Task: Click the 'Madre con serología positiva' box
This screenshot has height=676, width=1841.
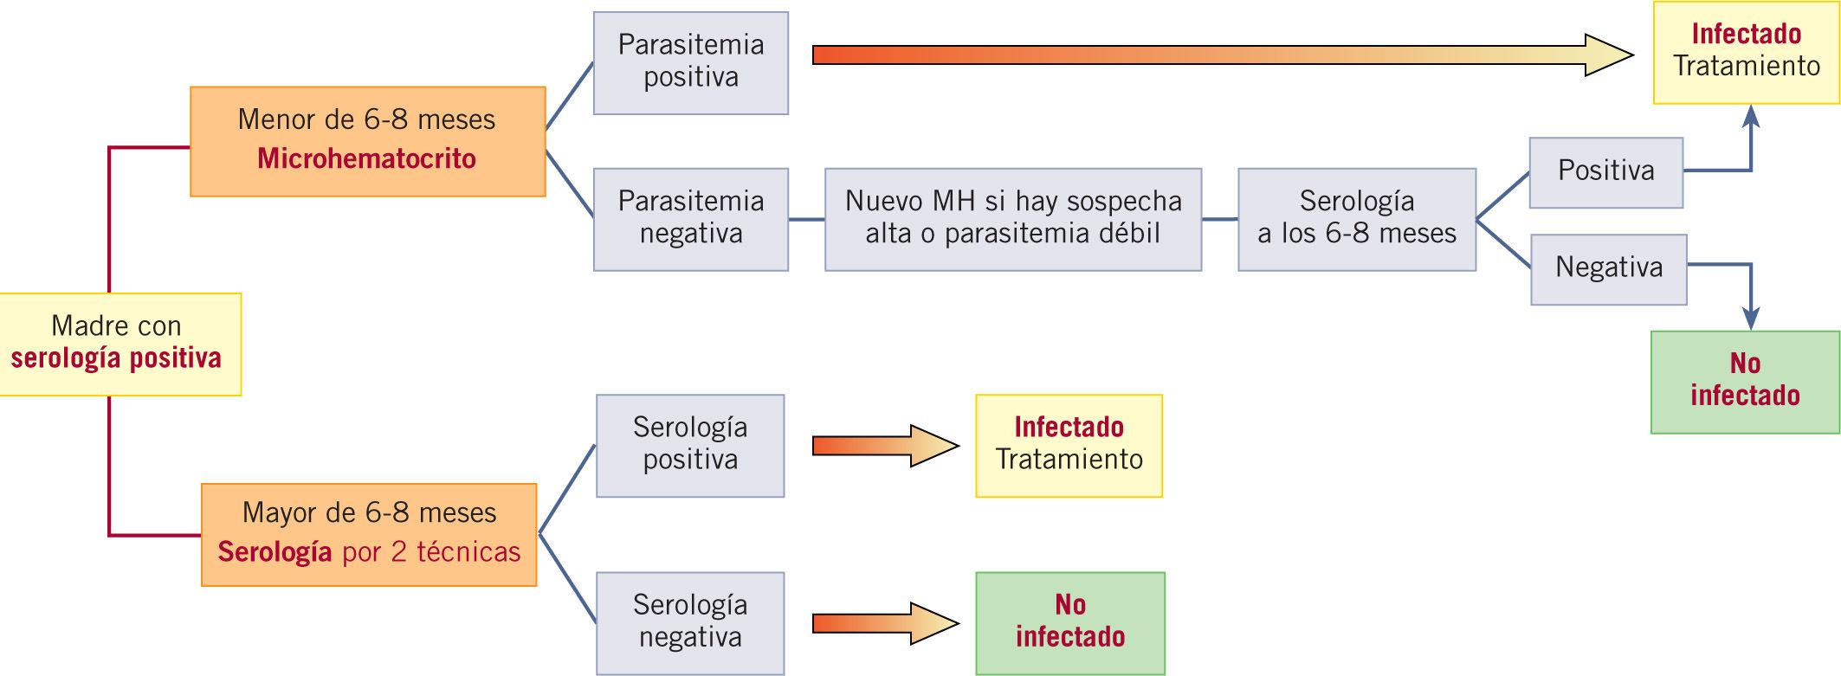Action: (120, 344)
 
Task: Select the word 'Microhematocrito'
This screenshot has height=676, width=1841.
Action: (366, 159)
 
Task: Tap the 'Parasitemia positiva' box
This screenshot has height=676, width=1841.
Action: (690, 62)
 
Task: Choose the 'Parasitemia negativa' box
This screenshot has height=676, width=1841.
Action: (690, 219)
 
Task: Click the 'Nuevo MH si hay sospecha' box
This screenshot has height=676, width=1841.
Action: (1012, 219)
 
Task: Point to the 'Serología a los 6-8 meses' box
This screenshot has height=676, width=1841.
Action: (1356, 219)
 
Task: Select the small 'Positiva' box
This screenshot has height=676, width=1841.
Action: (1605, 171)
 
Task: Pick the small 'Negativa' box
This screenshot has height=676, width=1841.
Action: (1608, 268)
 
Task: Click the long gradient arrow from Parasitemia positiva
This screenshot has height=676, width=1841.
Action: (1212, 55)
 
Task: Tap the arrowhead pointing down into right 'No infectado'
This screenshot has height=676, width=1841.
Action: (1750, 319)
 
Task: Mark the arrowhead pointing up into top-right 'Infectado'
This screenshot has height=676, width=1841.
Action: (1750, 116)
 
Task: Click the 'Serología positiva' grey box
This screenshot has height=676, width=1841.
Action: (689, 445)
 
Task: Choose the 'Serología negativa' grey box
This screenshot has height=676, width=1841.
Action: (689, 622)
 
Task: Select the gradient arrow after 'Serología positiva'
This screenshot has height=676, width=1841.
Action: (883, 446)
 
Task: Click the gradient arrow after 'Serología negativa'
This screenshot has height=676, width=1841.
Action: (883, 623)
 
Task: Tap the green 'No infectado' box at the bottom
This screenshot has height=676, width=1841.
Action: (1069, 622)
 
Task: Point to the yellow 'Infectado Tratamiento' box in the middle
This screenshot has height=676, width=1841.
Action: (1069, 445)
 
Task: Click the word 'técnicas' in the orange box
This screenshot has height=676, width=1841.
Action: (468, 552)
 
